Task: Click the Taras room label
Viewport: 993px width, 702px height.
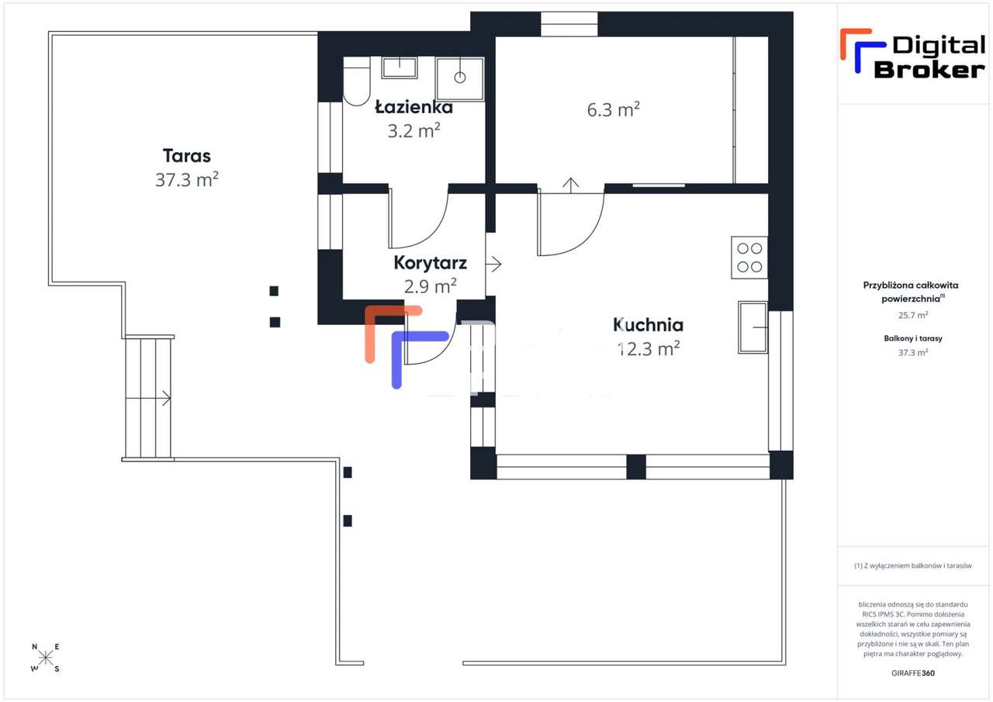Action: [186, 155]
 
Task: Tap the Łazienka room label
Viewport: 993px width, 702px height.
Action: [413, 107]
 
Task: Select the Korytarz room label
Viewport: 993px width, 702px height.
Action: [430, 263]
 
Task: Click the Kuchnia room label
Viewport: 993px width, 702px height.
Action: [648, 324]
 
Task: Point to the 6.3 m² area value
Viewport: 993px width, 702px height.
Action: [613, 109]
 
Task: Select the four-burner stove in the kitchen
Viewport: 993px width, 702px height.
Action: [749, 258]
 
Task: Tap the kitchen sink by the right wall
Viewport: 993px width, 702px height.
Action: [753, 327]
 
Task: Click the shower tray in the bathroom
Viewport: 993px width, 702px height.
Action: [459, 78]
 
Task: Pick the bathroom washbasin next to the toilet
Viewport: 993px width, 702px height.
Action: [400, 67]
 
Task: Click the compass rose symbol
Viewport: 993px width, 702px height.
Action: [46, 658]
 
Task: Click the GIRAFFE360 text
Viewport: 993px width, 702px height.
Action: [912, 673]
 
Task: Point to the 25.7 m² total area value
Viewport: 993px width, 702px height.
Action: [912, 315]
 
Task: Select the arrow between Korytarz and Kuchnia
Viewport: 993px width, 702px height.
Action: [493, 264]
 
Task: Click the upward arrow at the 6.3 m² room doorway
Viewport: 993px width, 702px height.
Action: [571, 185]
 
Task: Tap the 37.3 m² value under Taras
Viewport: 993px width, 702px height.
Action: [186, 180]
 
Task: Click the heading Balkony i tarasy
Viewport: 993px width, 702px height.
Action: [912, 338]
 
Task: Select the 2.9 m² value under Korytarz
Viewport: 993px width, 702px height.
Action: [430, 286]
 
